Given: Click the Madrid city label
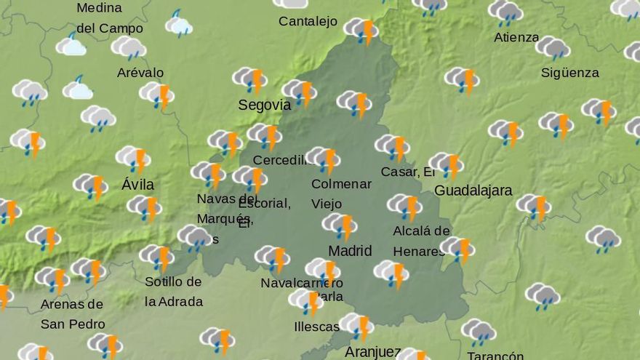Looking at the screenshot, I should coord(350,251).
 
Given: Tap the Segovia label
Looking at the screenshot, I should coord(264,105).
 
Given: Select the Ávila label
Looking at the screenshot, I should coord(137,185).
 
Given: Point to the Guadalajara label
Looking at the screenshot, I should coord(473,191).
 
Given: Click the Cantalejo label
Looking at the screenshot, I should coord(308,21).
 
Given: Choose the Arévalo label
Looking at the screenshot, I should coord(140,73).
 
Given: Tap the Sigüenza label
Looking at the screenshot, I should coord(569,73).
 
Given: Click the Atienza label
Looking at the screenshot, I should coord(516,37).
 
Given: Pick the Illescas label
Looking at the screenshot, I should coord(316,327).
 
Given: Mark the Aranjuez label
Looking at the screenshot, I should coord(372,352).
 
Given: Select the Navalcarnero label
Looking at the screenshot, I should coord(301,282).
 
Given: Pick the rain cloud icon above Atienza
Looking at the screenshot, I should coord(505,12).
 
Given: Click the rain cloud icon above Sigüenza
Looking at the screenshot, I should coord(553,47).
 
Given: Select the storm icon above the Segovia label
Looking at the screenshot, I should coord(249,79).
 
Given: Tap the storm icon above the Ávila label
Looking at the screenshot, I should coord(133,158).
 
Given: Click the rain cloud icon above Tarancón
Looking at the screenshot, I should coord(479,331).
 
